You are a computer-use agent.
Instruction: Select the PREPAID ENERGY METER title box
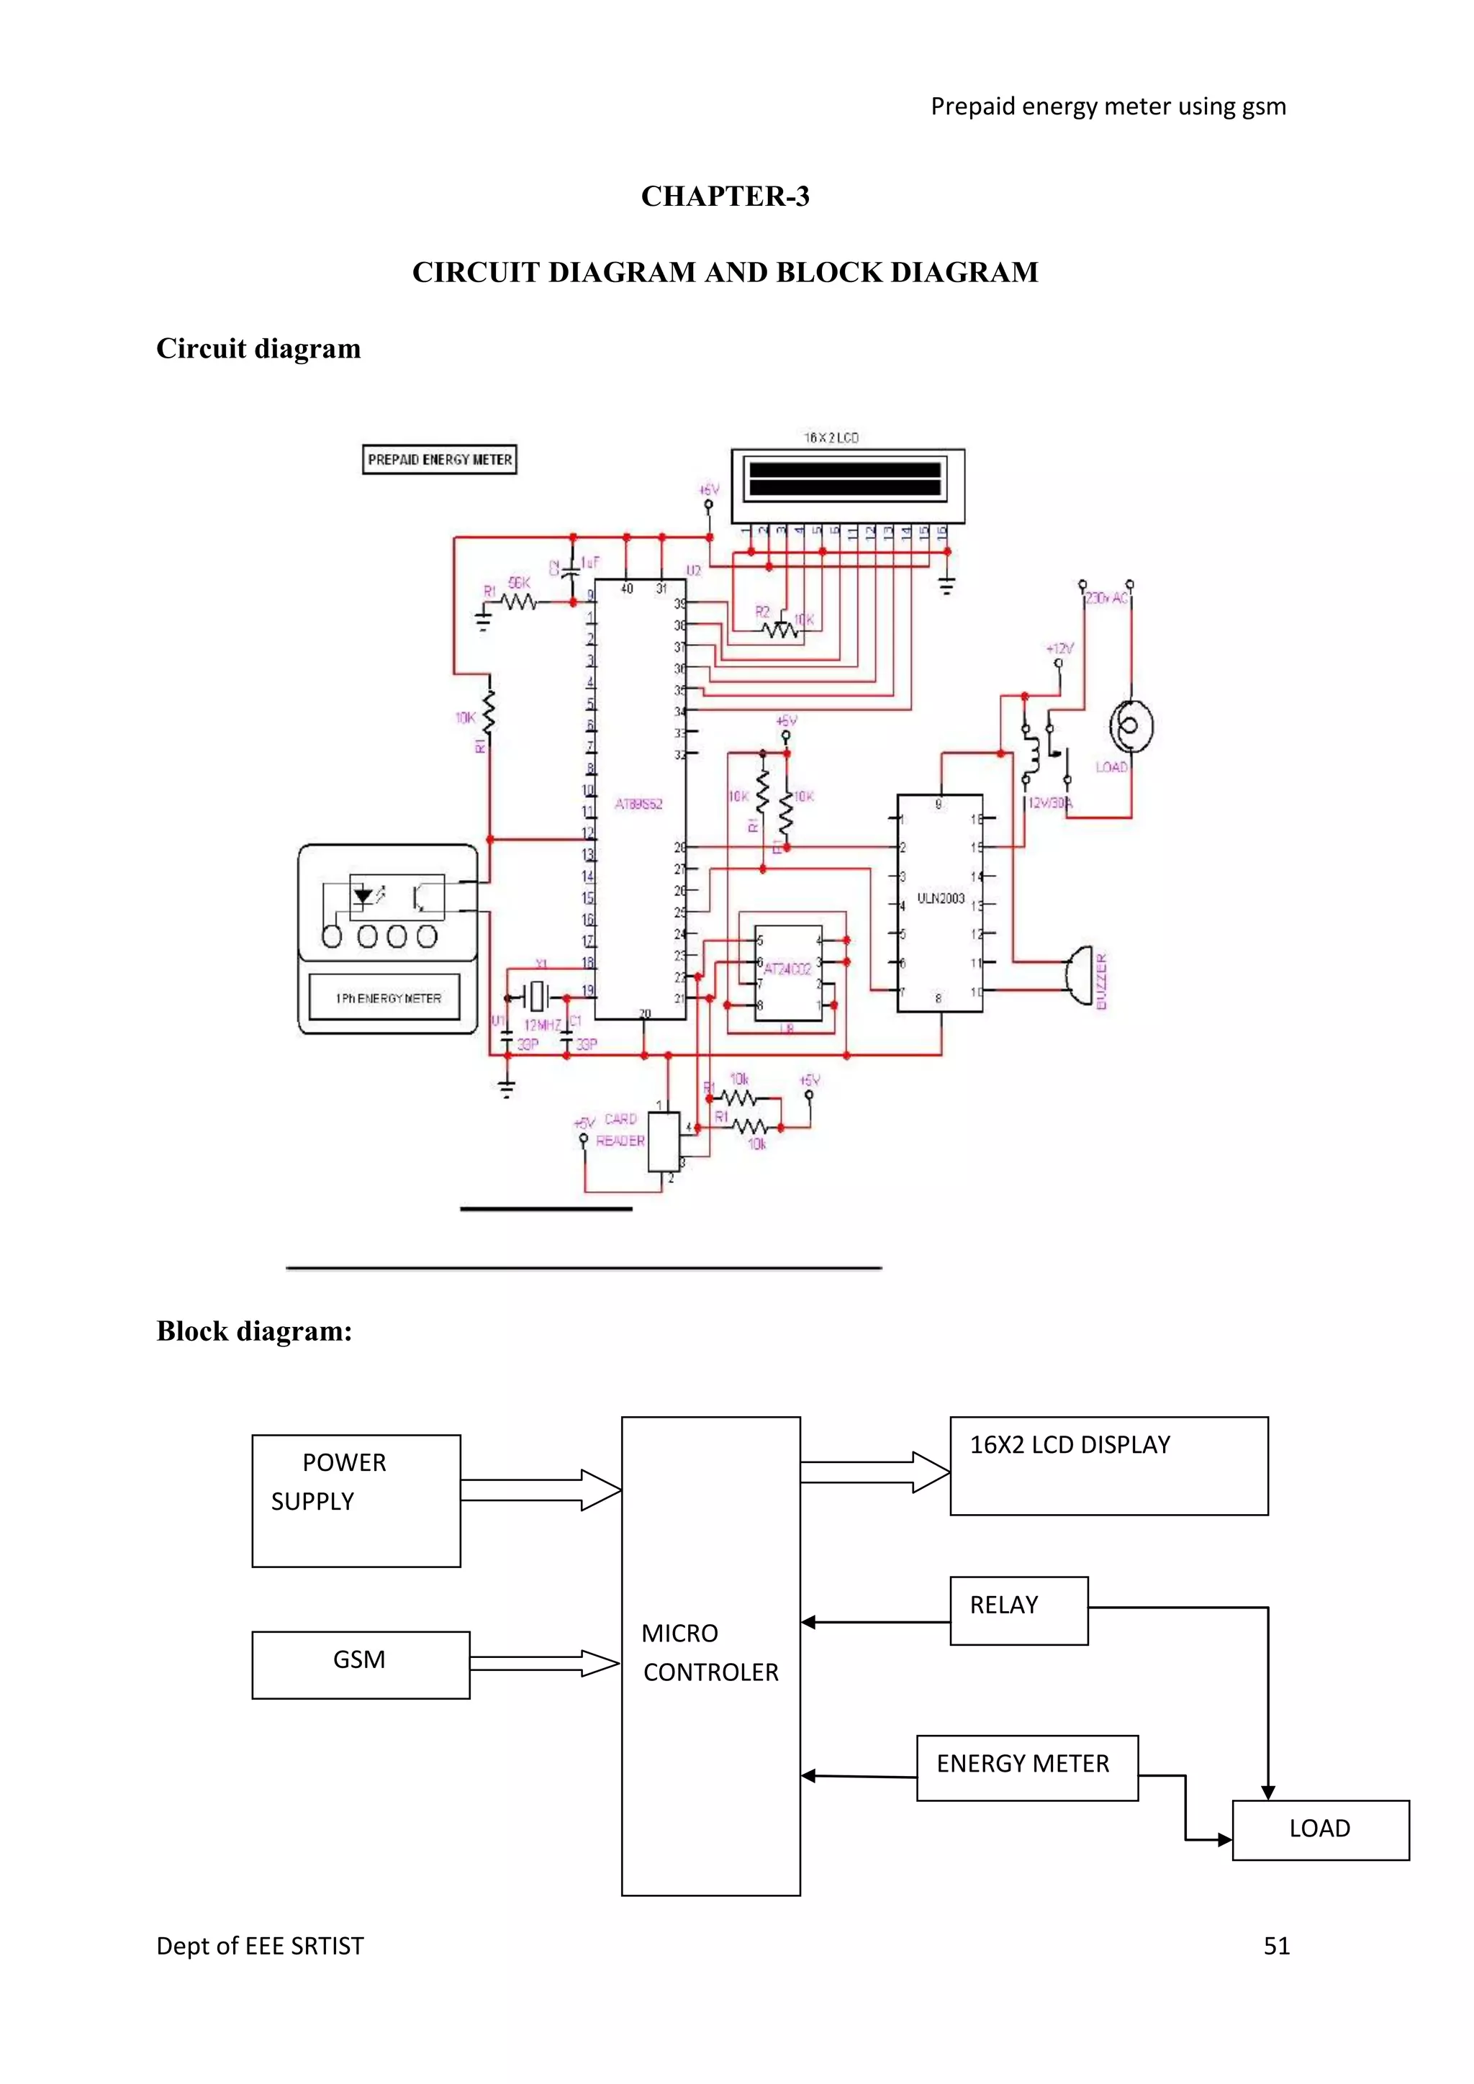pyautogui.click(x=439, y=459)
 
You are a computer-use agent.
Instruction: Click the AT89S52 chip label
pyautogui.click(x=638, y=805)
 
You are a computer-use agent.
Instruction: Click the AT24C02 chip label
pyautogui.click(x=787, y=969)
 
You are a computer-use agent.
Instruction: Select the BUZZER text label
pyautogui.click(x=1102, y=981)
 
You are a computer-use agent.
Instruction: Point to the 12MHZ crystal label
pyautogui.click(x=542, y=1025)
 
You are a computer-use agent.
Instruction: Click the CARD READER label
pyautogui.click(x=621, y=1130)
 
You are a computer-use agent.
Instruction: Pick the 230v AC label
pyautogui.click(x=1106, y=598)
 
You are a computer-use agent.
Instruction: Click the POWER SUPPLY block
pyautogui.click(x=356, y=1500)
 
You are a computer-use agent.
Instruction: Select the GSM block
pyautogui.click(x=361, y=1664)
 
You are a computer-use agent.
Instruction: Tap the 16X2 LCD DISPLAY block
pyautogui.click(x=1108, y=1465)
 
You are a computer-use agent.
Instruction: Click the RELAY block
pyautogui.click(x=1018, y=1610)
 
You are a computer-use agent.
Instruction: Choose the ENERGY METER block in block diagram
pyautogui.click(x=1026, y=1767)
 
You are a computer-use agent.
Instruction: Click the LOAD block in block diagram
pyautogui.click(x=1320, y=1828)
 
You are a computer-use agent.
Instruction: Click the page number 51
pyautogui.click(x=1276, y=1945)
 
